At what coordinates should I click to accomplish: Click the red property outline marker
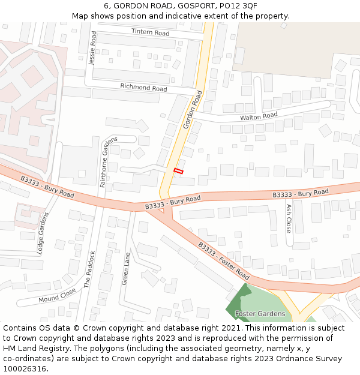178,171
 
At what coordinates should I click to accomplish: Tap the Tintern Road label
151,32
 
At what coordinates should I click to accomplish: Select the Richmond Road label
143,87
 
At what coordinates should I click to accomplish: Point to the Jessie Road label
92,48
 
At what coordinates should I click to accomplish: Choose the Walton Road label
259,116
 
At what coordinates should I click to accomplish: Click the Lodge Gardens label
42,233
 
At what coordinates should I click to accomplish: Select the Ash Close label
289,218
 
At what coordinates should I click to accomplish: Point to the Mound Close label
57,295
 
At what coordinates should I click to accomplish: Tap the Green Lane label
125,268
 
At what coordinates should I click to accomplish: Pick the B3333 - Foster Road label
224,260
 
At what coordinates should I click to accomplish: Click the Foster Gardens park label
260,314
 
